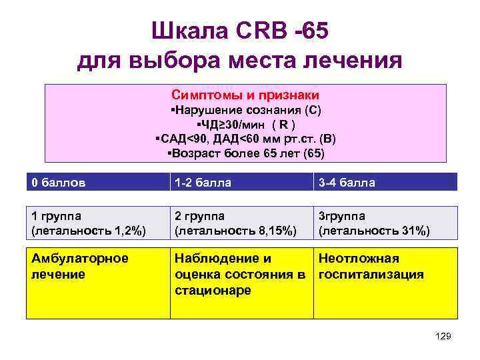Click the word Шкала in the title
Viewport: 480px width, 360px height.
click(189, 30)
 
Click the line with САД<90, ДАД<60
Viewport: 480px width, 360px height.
click(245, 139)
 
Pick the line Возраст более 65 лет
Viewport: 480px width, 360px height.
click(246, 153)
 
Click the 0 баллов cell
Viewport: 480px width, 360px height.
click(96, 182)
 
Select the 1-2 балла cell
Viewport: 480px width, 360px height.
click(240, 182)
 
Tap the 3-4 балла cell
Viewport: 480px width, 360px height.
click(385, 182)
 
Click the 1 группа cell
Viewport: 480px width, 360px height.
click(96, 223)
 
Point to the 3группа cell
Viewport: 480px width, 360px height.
click(385, 223)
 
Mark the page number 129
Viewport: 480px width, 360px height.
click(443, 337)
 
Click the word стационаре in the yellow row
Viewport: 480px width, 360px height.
click(213, 291)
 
